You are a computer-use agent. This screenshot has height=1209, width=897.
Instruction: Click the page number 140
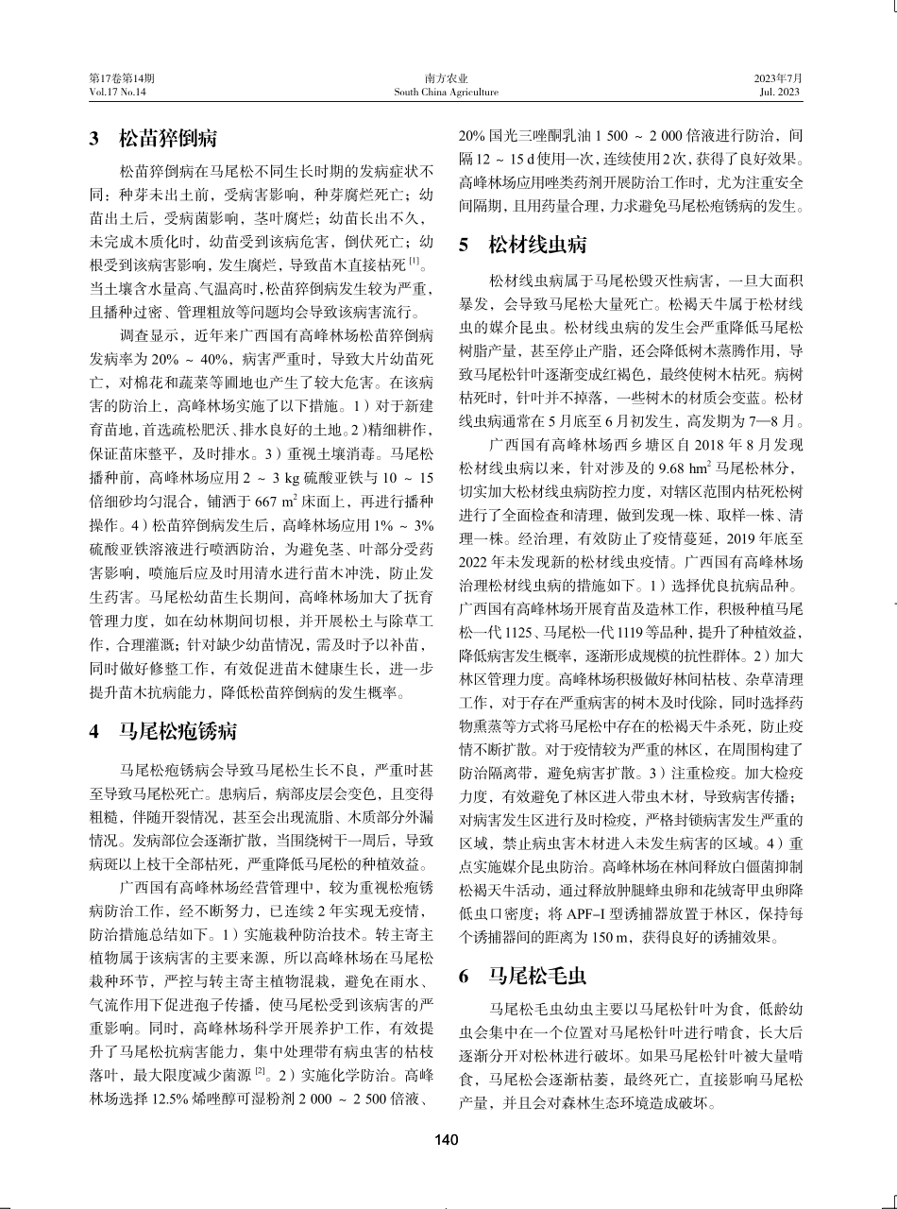coord(447,1140)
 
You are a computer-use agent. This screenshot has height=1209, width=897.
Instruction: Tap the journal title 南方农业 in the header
coord(447,78)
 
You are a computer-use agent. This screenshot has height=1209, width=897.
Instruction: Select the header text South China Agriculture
coord(447,93)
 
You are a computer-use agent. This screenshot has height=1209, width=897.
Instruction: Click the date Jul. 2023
coord(780,93)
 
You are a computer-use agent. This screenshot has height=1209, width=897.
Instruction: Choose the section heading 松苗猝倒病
coord(167,140)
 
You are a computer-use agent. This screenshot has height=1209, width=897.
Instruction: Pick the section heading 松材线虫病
coord(537,246)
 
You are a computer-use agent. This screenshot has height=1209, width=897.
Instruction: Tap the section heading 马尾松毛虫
coord(537,977)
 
